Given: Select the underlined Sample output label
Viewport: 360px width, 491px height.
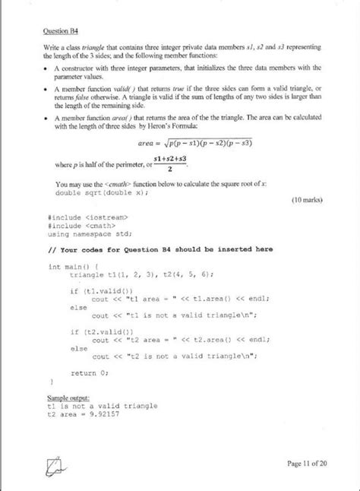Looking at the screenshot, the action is pos(68,398).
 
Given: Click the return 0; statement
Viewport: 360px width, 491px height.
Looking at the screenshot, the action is pos(90,372).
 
